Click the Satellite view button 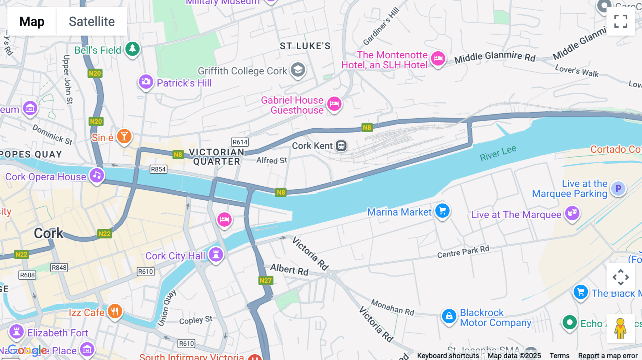tap(92, 21)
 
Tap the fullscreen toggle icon tap(621, 21)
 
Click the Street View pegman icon tap(621, 328)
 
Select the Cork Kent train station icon tap(341, 145)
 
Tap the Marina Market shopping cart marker tap(442, 211)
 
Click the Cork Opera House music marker tap(97, 175)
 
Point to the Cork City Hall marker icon tap(216, 254)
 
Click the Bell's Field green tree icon tap(132, 48)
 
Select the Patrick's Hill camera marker tap(146, 82)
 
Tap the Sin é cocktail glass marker tap(124, 136)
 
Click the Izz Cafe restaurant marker tap(114, 312)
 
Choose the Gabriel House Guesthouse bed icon tap(334, 104)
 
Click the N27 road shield tap(266, 281)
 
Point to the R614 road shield tap(240, 142)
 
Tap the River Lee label tap(498, 153)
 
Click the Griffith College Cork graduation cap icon tap(298, 70)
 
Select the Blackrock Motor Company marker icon tap(449, 316)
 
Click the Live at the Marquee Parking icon tap(618, 188)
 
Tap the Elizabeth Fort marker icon tap(16, 331)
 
